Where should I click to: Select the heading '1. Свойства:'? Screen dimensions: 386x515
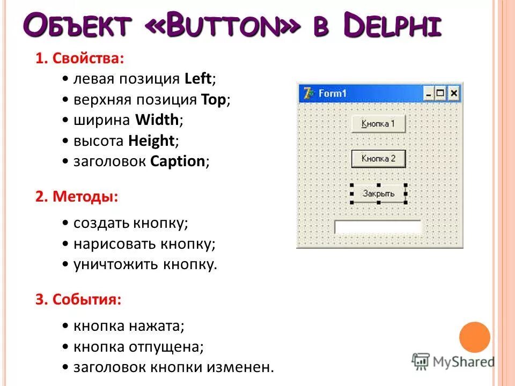tap(80, 58)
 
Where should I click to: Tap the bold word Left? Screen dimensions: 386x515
tap(198, 79)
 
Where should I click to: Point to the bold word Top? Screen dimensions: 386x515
tap(215, 99)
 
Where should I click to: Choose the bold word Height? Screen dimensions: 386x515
tap(151, 140)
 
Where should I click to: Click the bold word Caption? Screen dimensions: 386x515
tap(178, 161)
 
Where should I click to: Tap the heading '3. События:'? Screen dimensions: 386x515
tap(79, 299)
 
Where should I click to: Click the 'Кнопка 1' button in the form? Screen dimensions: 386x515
tap(378, 124)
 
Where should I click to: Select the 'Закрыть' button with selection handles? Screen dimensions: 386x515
tap(378, 193)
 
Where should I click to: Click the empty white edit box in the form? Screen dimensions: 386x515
tap(378, 227)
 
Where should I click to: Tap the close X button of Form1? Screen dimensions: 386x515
tap(454, 94)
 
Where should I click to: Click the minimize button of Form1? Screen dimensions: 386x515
tap(429, 94)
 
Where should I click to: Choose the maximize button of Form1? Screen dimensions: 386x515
tap(441, 94)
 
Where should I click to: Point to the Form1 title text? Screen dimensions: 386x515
tap(333, 93)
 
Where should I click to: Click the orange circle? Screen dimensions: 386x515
tap(475, 337)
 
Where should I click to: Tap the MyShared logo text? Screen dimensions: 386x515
tap(464, 361)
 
